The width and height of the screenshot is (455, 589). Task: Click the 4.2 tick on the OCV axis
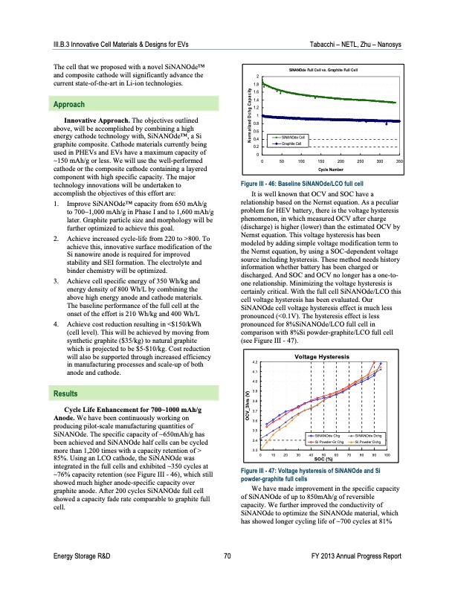tap(256, 361)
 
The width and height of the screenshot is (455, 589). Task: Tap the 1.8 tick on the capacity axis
tap(256, 85)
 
